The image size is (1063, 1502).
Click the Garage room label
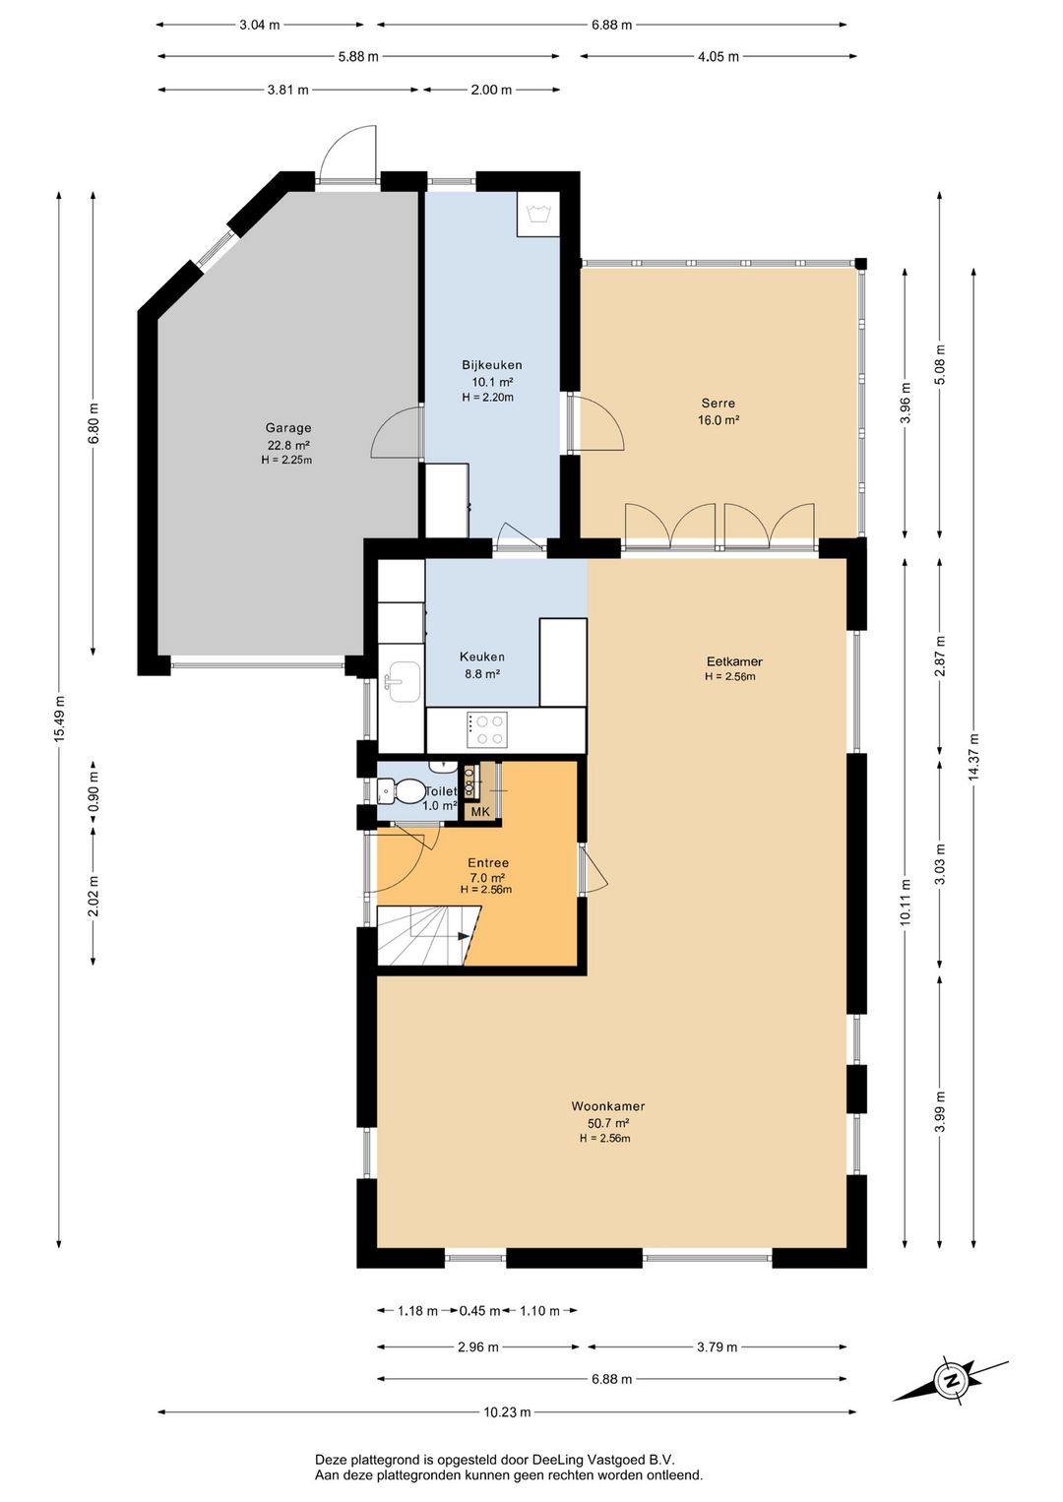click(x=287, y=427)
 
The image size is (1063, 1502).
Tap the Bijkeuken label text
click(x=491, y=365)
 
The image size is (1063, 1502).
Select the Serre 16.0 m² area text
click(x=719, y=420)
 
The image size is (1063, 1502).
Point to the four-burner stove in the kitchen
click(x=487, y=729)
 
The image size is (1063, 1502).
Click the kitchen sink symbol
click(x=402, y=682)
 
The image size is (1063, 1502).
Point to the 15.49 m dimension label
click(x=60, y=719)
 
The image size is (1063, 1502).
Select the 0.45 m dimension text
click(x=479, y=1309)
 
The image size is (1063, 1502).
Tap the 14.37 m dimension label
click(x=973, y=756)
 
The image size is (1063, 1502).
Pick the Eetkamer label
click(x=734, y=661)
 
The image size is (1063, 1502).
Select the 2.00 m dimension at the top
click(x=491, y=90)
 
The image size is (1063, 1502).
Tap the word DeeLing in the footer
click(x=559, y=1459)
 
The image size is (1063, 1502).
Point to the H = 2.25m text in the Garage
click(x=287, y=460)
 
